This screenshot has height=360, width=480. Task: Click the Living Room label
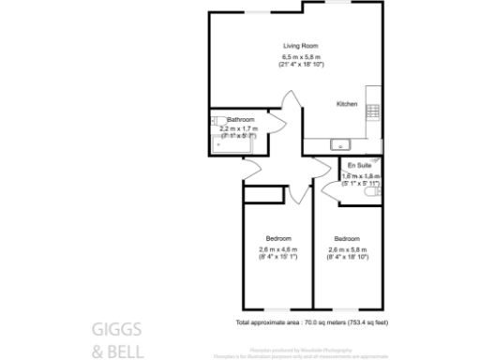tap(303, 45)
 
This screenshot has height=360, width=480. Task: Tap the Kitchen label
tap(348, 104)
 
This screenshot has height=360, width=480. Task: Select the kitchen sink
tap(339, 144)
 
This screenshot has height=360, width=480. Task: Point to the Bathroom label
tap(241, 120)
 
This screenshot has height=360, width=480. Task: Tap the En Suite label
tap(358, 165)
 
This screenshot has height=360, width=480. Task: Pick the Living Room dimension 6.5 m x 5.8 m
tap(303, 58)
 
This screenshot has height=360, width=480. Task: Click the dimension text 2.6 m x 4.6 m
tap(277, 250)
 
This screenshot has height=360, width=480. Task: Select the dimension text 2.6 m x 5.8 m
tap(348, 250)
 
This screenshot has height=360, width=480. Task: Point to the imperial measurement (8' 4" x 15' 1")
tap(277, 258)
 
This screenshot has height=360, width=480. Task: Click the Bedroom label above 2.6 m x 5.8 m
tap(348, 238)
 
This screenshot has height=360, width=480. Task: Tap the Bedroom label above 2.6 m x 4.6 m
tap(277, 238)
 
